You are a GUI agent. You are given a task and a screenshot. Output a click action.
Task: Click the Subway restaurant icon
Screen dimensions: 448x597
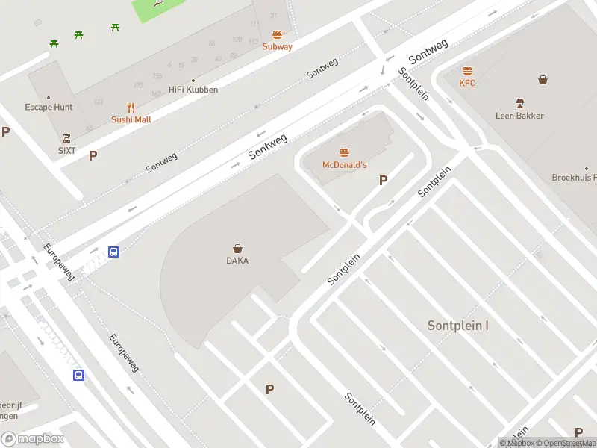click(x=277, y=34)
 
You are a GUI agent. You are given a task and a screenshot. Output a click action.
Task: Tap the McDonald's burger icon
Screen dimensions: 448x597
click(x=344, y=152)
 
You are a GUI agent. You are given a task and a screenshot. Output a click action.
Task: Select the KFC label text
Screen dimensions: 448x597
click(x=467, y=83)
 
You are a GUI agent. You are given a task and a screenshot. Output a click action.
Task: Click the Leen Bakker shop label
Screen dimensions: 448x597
click(x=519, y=116)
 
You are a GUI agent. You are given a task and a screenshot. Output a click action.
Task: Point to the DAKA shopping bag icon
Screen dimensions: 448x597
click(x=237, y=249)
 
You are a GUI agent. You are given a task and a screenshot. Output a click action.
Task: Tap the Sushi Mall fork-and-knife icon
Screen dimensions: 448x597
click(x=131, y=108)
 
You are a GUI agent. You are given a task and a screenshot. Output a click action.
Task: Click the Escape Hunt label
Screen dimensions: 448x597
click(x=49, y=107)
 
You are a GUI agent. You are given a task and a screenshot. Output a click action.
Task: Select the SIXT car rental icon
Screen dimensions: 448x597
click(x=67, y=138)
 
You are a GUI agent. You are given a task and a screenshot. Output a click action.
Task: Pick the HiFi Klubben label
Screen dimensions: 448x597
click(x=193, y=90)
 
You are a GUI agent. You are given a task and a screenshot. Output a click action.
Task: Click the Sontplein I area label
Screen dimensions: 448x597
click(x=458, y=326)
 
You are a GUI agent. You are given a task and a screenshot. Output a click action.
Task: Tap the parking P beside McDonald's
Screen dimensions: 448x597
click(x=384, y=180)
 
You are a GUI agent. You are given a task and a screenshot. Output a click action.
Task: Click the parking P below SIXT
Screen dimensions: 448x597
click(x=93, y=156)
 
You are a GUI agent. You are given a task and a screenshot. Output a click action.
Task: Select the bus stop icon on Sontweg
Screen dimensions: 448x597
click(x=114, y=252)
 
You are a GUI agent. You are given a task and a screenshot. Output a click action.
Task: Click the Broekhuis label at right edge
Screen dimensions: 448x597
click(x=574, y=178)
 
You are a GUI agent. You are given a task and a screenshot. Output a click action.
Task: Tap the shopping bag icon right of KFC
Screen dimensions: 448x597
click(x=543, y=80)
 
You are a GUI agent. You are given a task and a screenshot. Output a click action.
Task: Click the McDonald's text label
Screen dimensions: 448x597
click(x=344, y=164)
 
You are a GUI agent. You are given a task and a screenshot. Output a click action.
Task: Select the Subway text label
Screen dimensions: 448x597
click(x=277, y=46)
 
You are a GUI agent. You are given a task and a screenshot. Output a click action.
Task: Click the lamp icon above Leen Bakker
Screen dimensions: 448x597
click(x=519, y=103)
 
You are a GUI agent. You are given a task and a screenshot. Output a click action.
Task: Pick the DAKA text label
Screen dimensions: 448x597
click(x=237, y=261)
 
